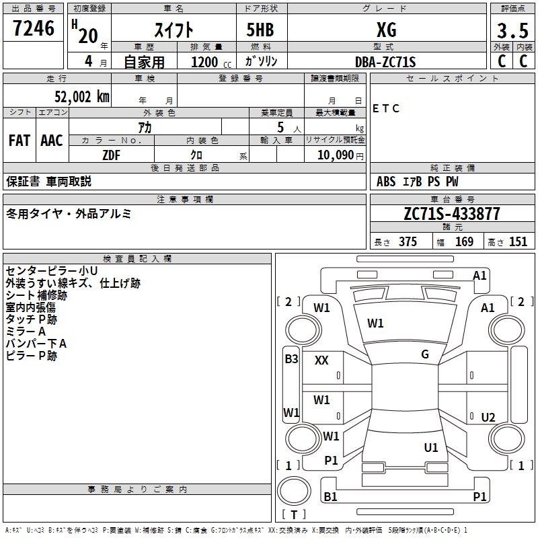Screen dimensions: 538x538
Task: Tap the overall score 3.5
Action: (513, 30)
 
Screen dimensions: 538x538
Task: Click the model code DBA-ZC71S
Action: (385, 62)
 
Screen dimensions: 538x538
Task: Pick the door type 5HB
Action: (261, 30)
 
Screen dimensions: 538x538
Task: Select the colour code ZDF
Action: (112, 155)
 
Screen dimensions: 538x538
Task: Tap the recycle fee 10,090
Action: (335, 155)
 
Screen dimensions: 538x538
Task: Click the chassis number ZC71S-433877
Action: (451, 215)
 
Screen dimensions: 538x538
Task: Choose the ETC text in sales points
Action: (386, 108)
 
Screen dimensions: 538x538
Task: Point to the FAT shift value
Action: (20, 140)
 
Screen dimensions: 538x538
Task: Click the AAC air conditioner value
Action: (52, 140)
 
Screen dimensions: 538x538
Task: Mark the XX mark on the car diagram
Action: (321, 360)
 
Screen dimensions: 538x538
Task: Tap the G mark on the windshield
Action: (425, 354)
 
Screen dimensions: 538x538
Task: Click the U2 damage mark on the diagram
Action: (488, 417)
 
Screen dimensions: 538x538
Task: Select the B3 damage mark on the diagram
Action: (291, 359)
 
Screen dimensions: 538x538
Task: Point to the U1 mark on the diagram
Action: (431, 447)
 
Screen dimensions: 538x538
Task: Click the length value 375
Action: (408, 242)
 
